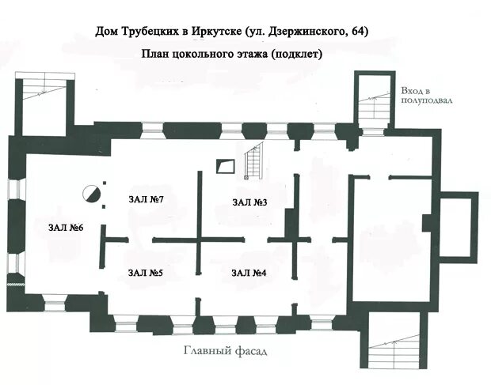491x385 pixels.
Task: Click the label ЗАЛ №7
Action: coord(146,199)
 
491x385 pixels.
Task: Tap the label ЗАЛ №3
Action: coord(249,202)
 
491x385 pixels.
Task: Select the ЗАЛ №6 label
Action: coord(66,228)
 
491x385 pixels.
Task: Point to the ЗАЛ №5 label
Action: coord(145,273)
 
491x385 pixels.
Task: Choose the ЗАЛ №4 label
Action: coord(249,273)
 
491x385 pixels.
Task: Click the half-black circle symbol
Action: coord(91,194)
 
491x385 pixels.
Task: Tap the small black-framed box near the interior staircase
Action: coord(226,166)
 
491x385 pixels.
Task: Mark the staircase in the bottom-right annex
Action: coord(394,351)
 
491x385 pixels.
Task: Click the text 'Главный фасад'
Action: coord(225,351)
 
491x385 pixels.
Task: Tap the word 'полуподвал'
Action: coord(427,100)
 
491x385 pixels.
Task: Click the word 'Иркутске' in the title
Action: coord(216,32)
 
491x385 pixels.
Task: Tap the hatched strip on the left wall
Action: coord(16,285)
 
